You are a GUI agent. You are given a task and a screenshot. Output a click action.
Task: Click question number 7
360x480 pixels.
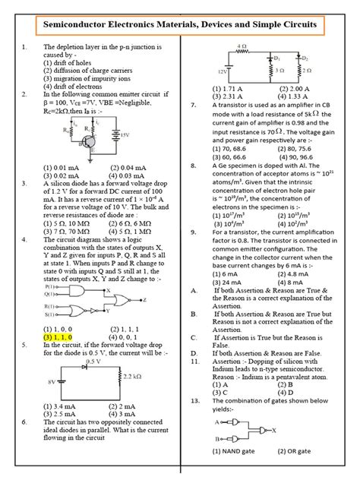click(194, 105)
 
